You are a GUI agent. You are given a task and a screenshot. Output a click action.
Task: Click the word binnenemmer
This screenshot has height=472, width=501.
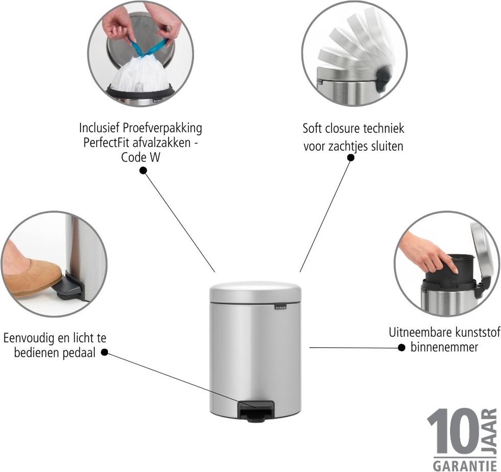444,347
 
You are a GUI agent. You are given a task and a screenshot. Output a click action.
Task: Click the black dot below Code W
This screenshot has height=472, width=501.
143,171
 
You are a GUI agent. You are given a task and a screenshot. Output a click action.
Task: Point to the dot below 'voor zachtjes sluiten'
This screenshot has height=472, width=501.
351,158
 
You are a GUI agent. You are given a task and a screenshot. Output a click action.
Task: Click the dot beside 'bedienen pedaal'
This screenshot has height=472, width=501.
104,352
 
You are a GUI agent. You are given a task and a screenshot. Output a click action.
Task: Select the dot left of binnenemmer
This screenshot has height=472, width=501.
402,348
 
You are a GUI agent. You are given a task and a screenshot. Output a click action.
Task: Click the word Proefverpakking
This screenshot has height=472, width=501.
162,129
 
